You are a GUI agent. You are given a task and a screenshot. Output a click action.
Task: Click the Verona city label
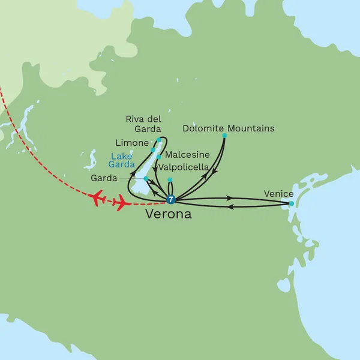169,214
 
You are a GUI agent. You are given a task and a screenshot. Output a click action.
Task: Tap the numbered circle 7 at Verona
171,200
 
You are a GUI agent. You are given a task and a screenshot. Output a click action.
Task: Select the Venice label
278,193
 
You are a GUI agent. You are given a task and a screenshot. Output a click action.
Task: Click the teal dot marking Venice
292,204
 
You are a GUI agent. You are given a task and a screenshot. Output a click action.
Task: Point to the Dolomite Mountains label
228,128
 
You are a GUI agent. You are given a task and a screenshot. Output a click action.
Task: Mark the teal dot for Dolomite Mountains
224,136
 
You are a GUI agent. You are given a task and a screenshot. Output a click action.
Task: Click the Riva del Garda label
143,124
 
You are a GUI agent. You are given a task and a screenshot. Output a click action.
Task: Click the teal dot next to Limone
154,149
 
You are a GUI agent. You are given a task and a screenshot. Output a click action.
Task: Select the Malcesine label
187,155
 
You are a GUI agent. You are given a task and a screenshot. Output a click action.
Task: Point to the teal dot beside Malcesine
158,157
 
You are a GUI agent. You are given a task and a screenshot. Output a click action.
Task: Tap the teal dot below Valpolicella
170,179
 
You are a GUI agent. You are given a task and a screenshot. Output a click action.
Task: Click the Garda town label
104,178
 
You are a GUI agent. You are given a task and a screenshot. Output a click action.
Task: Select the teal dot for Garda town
146,178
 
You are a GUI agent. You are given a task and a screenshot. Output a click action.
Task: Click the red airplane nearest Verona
121,205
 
